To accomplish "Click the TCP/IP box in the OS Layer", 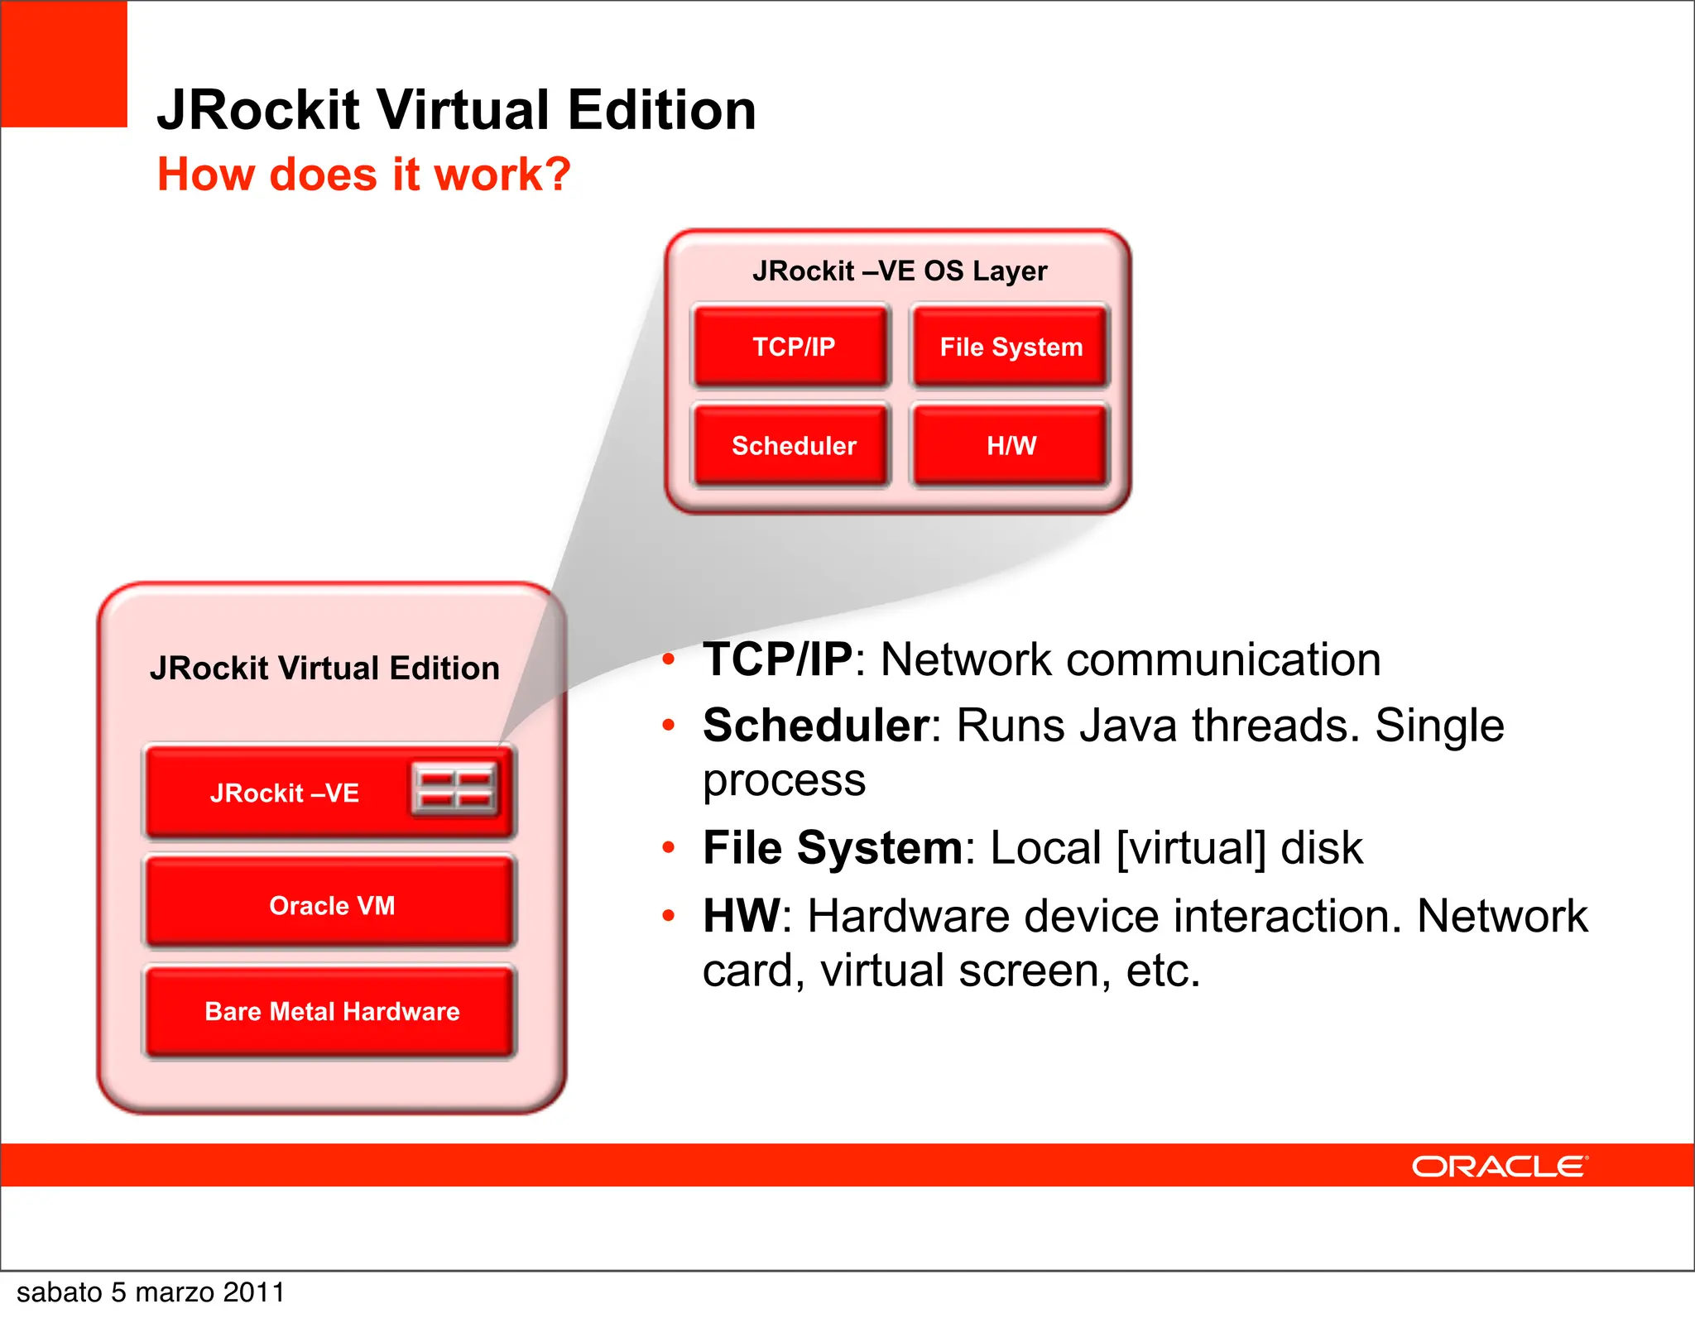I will point(792,347).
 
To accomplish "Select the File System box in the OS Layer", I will point(1010,347).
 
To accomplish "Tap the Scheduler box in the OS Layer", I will point(792,446).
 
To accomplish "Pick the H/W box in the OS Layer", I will point(1010,446).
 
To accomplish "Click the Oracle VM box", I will point(331,904).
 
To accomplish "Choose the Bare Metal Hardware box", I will point(331,1011).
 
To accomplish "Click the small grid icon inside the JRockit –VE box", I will point(454,788).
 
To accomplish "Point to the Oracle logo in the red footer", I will point(1499,1167).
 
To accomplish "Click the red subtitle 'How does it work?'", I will point(364,175).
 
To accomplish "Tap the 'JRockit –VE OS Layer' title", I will point(900,271).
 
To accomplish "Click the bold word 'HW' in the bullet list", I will point(741,917).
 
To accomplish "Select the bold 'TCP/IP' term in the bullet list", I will point(777,660).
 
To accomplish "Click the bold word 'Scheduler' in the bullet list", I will point(816,726).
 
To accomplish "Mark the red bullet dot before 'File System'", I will point(669,847).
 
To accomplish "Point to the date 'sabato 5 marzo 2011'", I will point(151,1292).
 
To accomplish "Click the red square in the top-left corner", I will point(64,64).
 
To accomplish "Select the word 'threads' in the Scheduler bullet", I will point(1275,726).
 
